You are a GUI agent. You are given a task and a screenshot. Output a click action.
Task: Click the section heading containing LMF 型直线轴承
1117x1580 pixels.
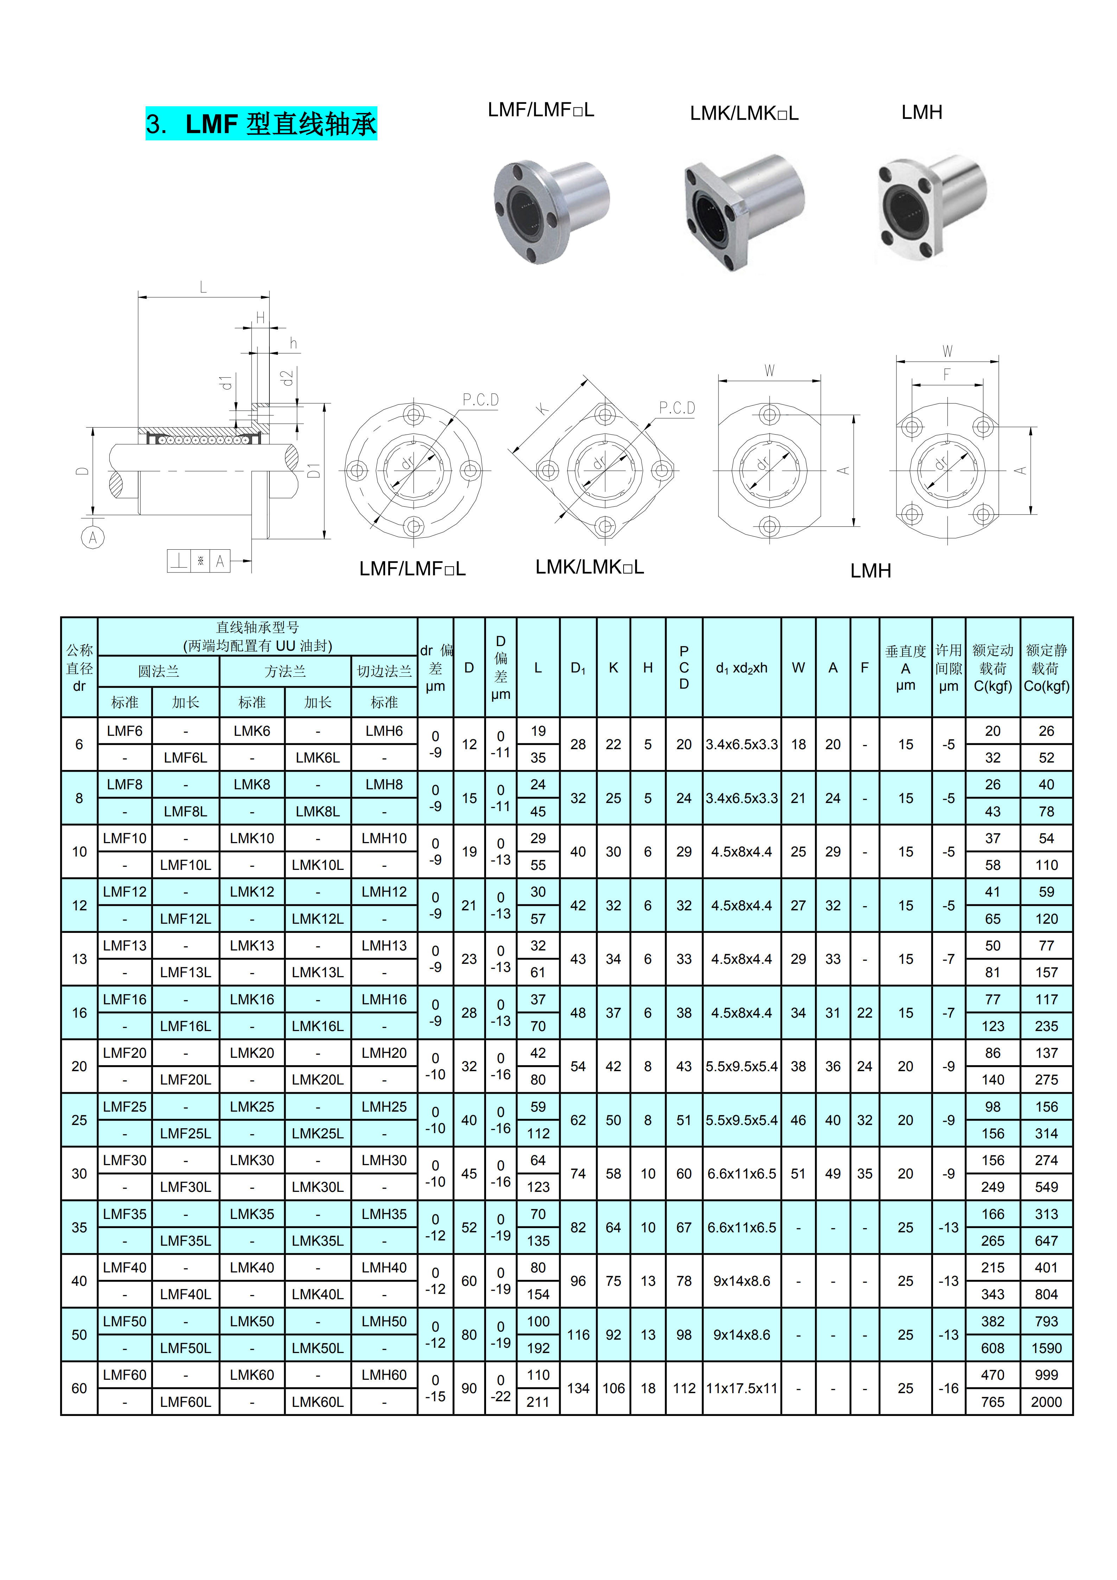(x=261, y=124)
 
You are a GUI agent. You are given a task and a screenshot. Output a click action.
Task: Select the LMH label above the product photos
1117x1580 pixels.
(x=922, y=112)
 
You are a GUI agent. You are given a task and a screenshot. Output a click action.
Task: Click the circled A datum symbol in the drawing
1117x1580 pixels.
(x=93, y=537)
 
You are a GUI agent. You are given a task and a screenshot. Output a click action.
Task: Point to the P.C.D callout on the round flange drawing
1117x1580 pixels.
(x=480, y=400)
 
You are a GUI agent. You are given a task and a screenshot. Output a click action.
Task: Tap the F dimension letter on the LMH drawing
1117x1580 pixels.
(x=947, y=374)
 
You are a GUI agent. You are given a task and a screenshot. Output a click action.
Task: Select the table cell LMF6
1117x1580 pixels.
(x=125, y=731)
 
